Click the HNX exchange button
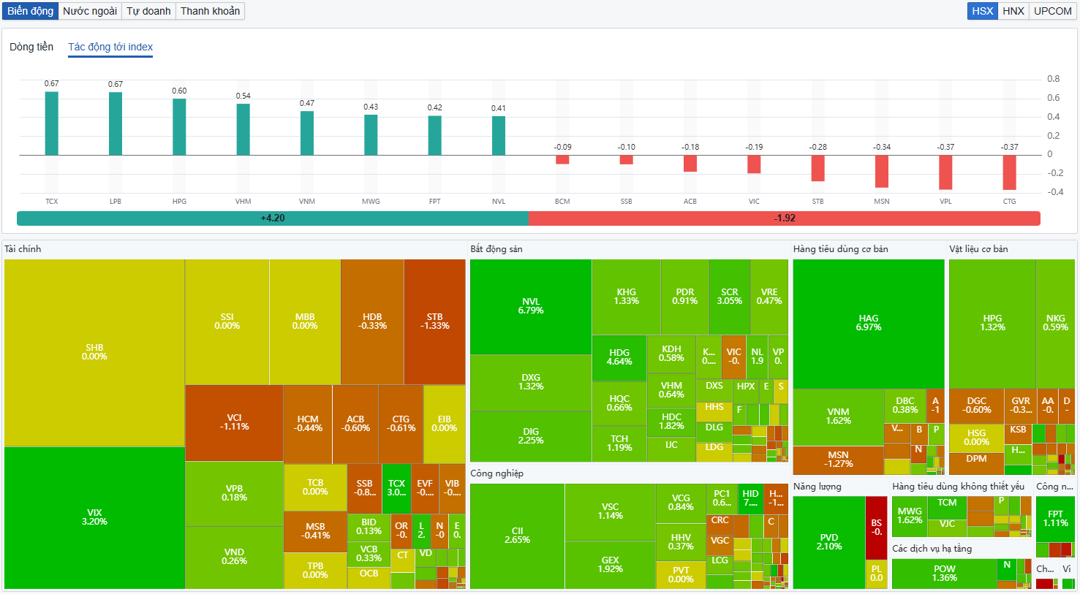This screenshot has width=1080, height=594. click(x=1013, y=11)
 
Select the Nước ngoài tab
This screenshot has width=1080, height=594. click(x=89, y=11)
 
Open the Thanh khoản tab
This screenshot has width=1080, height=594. click(x=210, y=11)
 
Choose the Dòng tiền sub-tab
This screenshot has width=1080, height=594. click(x=31, y=47)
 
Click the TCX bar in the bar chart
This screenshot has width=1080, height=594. click(x=51, y=123)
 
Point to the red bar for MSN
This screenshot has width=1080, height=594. click(x=882, y=171)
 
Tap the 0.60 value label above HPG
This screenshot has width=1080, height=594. click(x=179, y=91)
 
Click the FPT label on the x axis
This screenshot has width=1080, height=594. click(x=435, y=202)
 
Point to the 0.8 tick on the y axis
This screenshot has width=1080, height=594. click(x=1053, y=79)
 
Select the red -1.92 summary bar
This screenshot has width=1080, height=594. click(x=785, y=218)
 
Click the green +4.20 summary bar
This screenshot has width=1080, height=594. click(x=273, y=218)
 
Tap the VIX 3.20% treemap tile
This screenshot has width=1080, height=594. click(x=94, y=517)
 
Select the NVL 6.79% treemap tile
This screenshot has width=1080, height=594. click(x=531, y=306)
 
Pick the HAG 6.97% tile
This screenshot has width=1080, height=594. click(x=869, y=323)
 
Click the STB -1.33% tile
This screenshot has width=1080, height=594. click(x=434, y=321)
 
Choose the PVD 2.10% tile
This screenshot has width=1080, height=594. click(x=829, y=542)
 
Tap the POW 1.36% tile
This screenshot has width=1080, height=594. click(x=944, y=574)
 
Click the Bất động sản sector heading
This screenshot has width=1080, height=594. click(x=496, y=249)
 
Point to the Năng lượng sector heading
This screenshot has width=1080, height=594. click(x=817, y=487)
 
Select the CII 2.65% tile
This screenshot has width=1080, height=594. click(x=517, y=536)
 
